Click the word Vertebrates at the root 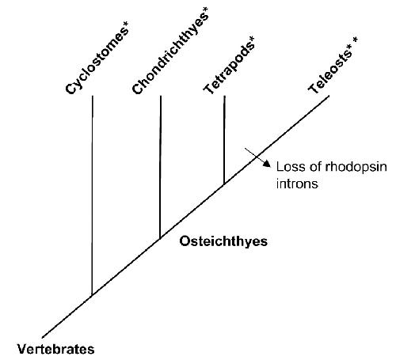(x=56, y=349)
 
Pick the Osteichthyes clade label (x=223, y=241)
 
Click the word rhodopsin (x=356, y=168)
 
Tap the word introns (x=297, y=184)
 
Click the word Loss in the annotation (x=290, y=167)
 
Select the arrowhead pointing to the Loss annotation (x=267, y=164)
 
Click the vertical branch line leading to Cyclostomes (x=92, y=195)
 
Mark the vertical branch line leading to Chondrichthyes (x=160, y=167)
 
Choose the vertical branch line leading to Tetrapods (x=224, y=140)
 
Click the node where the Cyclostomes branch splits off (x=92, y=296)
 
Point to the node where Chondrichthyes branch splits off (x=160, y=239)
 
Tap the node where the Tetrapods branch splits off (x=224, y=184)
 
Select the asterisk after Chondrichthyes (x=206, y=10)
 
